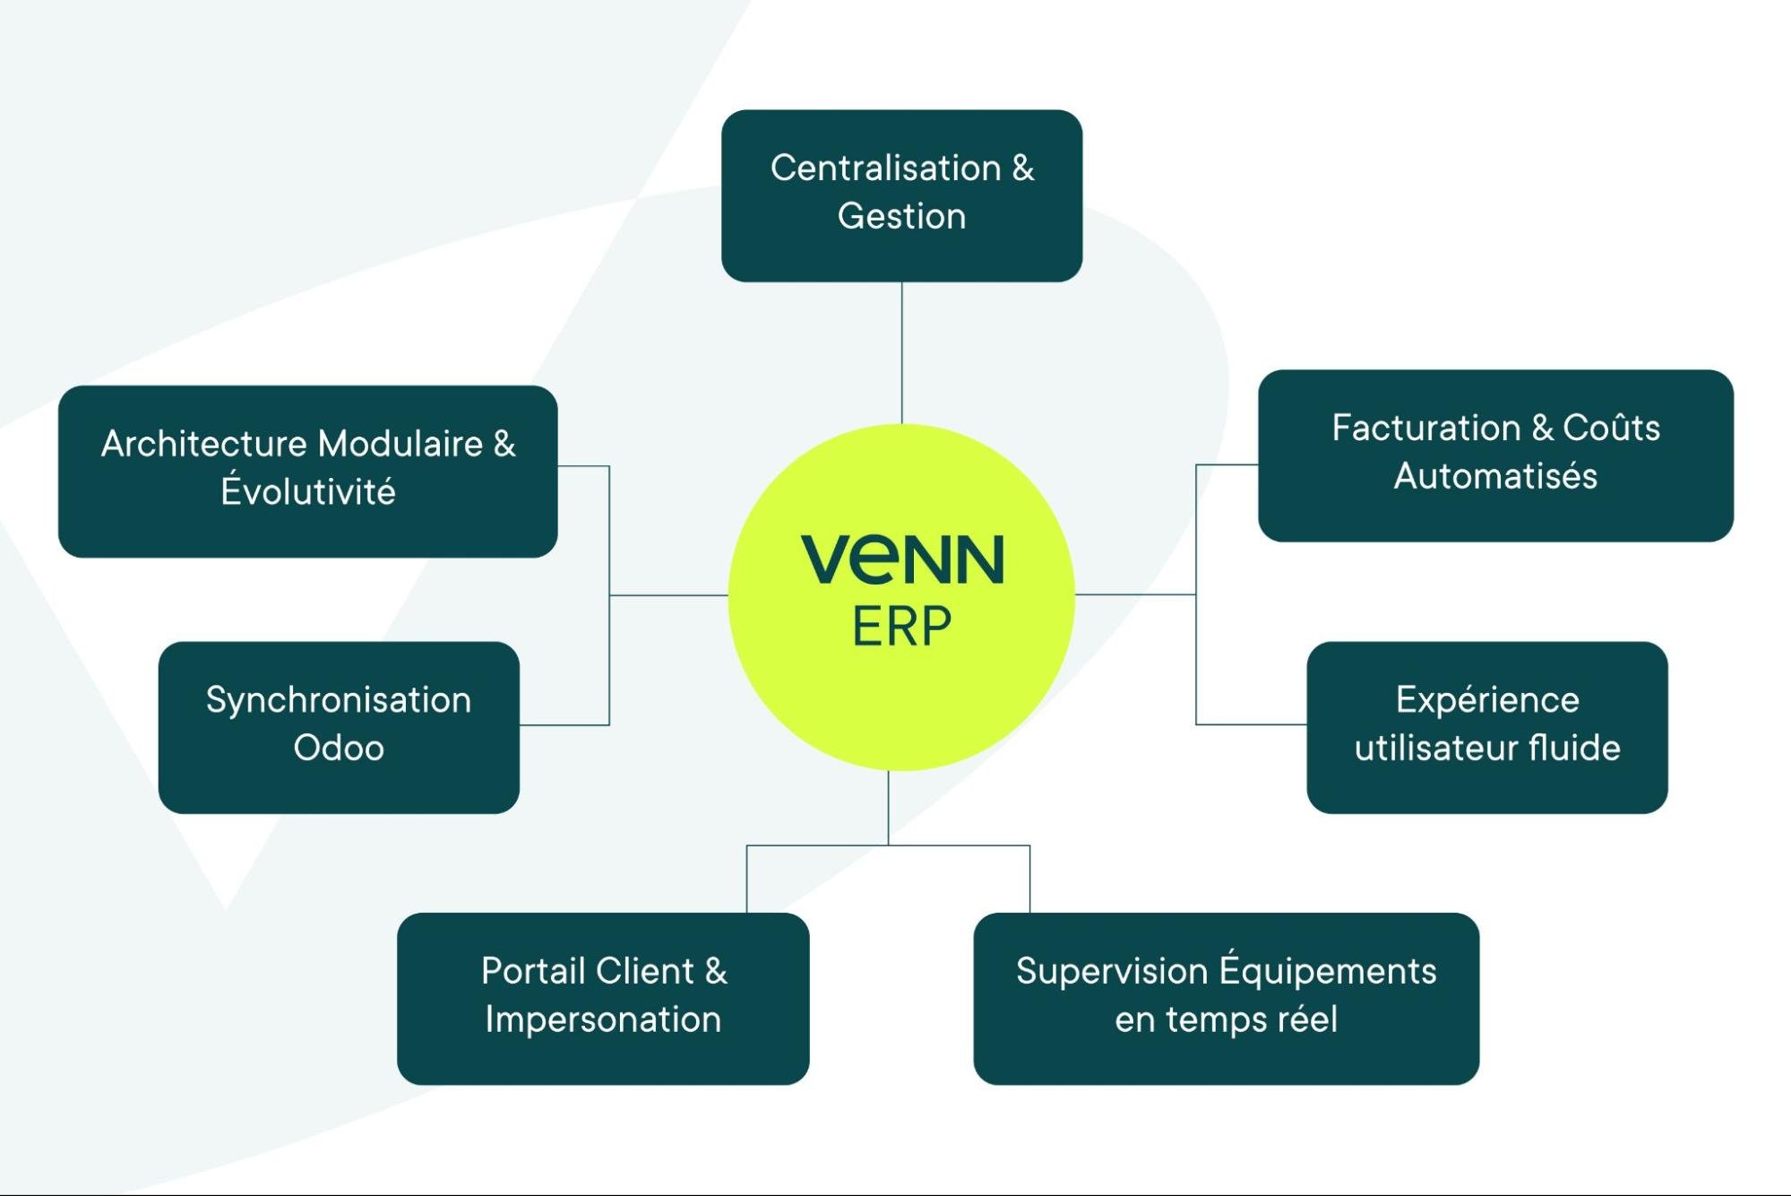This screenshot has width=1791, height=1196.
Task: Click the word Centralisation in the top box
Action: click(x=885, y=169)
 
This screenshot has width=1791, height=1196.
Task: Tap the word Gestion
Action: click(x=901, y=217)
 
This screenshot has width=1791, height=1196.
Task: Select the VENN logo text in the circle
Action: click(x=901, y=559)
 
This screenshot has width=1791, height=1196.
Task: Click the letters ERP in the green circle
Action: click(x=901, y=626)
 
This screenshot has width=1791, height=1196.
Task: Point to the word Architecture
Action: click(x=203, y=444)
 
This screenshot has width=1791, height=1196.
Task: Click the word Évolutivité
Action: click(x=308, y=491)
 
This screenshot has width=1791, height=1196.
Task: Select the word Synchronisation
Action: click(x=339, y=700)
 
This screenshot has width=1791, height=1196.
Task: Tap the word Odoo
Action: click(x=339, y=748)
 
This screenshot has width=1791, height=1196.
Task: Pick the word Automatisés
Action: click(x=1495, y=476)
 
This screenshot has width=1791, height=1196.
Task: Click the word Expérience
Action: click(x=1487, y=700)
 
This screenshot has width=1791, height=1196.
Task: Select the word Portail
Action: click(x=532, y=971)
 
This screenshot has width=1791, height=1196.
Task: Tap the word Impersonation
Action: click(x=603, y=1019)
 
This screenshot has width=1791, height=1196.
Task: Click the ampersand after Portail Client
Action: click(x=716, y=971)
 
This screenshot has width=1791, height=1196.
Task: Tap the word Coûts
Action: click(x=1611, y=429)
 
